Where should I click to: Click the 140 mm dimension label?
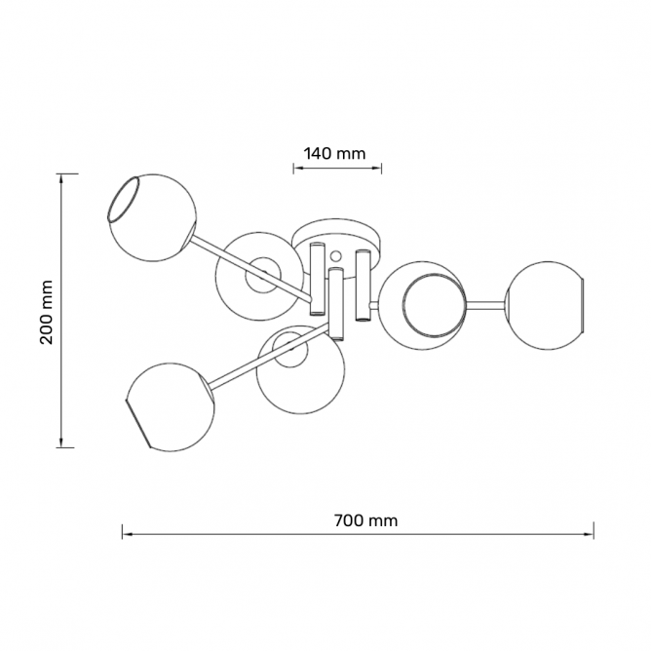pyautogui.click(x=334, y=154)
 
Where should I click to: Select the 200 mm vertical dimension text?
pyautogui.click(x=47, y=312)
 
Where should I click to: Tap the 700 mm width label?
pyautogui.click(x=365, y=520)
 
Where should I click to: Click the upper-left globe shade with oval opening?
pyautogui.click(x=151, y=218)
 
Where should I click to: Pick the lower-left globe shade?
pyautogui.click(x=171, y=407)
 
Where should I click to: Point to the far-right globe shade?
pyautogui.click(x=545, y=306)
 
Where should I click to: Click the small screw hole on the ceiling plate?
pyautogui.click(x=335, y=255)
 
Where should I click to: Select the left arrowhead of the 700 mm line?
pyautogui.click(x=127, y=534)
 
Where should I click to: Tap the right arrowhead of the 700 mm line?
pyautogui.click(x=590, y=534)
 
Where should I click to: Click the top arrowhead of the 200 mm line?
pyautogui.click(x=61, y=178)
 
